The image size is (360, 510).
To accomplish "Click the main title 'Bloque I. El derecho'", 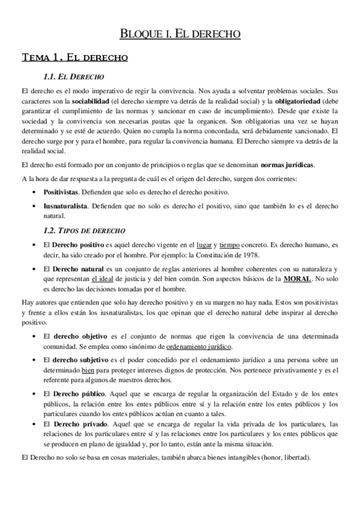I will (x=180, y=34).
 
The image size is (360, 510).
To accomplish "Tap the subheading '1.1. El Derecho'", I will (x=75, y=77).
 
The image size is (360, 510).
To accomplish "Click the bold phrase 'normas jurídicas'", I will (x=287, y=165).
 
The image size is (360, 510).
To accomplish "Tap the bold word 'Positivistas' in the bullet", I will (x=61, y=191).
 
